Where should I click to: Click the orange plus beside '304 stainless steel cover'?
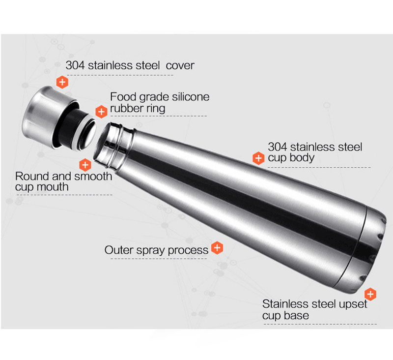point(62,82)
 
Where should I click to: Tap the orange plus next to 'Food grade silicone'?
point(101,112)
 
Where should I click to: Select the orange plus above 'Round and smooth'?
point(85,165)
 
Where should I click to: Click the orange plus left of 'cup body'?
point(258,158)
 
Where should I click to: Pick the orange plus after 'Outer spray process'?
point(217,248)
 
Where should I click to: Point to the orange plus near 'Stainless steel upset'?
point(370,294)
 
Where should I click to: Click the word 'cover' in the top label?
point(180,65)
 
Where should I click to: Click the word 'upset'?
point(353,304)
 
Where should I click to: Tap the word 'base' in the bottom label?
point(298,315)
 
